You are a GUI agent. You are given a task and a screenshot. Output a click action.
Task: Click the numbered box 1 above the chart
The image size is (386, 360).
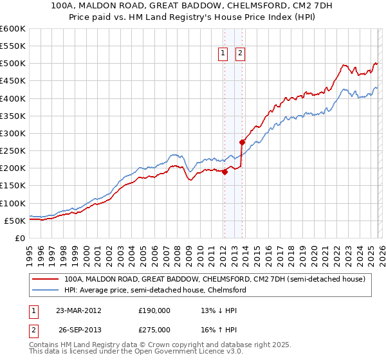pyautogui.click(x=223, y=54)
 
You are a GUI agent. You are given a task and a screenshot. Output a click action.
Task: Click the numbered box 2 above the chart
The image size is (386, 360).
pyautogui.click(x=241, y=54)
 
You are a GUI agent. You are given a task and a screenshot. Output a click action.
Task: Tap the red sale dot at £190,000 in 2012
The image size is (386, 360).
pyautogui.click(x=225, y=172)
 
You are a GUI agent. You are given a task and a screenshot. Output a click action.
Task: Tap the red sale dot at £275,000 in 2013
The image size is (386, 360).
pyautogui.click(x=242, y=142)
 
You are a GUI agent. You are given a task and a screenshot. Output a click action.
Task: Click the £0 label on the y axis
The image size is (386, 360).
pyautogui.click(x=19, y=238)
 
